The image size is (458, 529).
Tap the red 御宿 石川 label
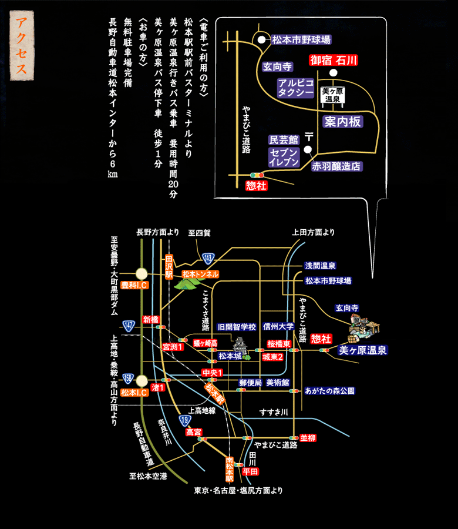point(334,60)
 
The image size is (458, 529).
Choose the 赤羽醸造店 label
point(336,166)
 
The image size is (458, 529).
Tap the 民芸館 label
point(284,140)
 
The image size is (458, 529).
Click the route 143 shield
point(208,257)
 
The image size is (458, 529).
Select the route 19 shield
point(185,420)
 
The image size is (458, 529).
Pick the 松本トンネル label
point(200,274)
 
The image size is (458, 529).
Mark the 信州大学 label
point(278,327)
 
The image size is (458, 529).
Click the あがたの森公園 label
point(330,390)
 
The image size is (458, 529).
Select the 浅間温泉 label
point(321,266)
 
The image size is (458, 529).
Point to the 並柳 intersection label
point(308,438)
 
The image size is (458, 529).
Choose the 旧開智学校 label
point(236,327)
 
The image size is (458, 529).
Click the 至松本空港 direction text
point(148,476)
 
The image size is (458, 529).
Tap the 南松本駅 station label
point(230,468)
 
